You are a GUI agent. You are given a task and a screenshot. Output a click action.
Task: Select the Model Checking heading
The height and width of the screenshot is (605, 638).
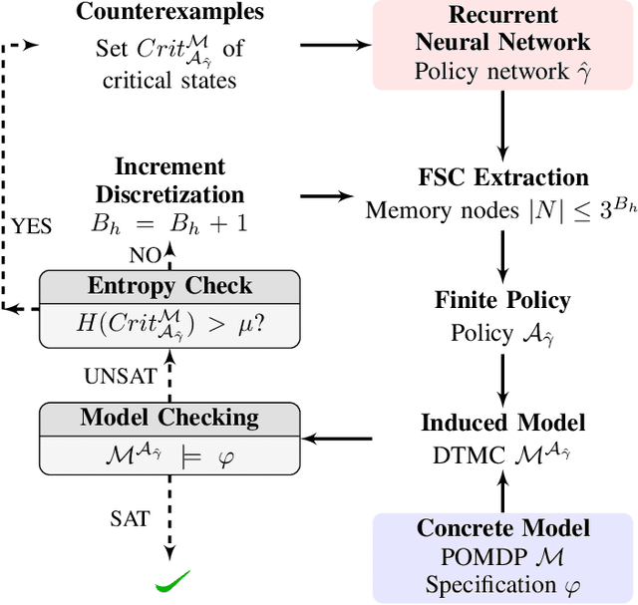(x=169, y=417)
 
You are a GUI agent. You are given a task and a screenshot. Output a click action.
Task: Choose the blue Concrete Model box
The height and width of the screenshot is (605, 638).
(x=502, y=556)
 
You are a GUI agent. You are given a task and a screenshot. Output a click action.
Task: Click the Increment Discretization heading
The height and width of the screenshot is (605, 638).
(x=169, y=179)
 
